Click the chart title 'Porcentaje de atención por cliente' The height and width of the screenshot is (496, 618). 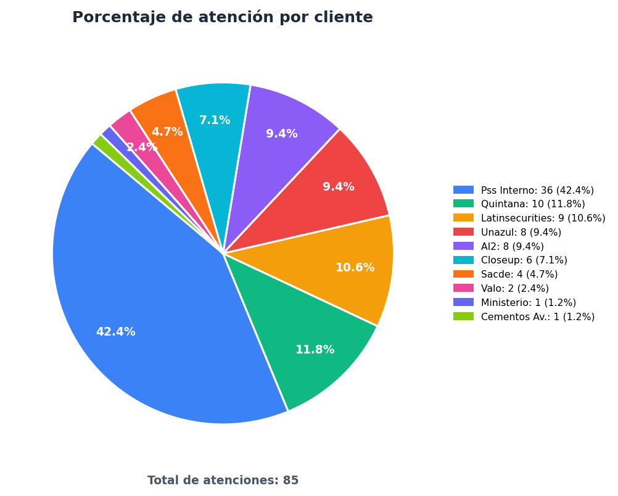coord(223,17)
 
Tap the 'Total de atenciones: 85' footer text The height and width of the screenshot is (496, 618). coord(223,480)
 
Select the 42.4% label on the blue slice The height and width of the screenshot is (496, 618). coord(116,332)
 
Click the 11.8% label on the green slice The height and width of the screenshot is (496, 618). coord(315,350)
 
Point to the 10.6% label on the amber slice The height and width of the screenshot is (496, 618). coord(355,268)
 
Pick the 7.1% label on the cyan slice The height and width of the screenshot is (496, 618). coord(215,120)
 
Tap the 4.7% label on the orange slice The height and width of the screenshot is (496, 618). coord(167,132)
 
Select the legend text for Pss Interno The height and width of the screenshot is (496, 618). coord(537,191)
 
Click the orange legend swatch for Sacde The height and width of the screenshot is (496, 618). coord(464,274)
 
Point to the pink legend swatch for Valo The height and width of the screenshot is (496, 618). coord(464,288)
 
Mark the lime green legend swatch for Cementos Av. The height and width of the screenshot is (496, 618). coord(464,316)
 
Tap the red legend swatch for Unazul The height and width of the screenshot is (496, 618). coord(464,232)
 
